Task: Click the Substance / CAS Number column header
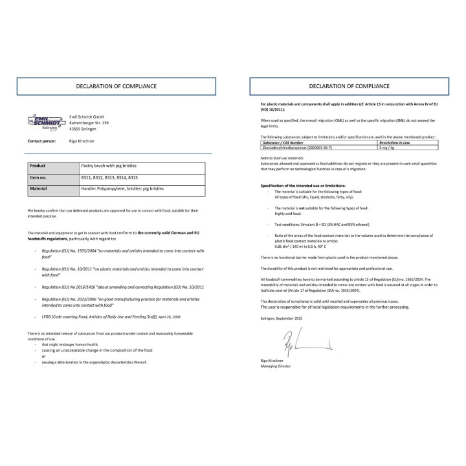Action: [x=282, y=142]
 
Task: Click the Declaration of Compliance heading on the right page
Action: [x=349, y=85]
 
